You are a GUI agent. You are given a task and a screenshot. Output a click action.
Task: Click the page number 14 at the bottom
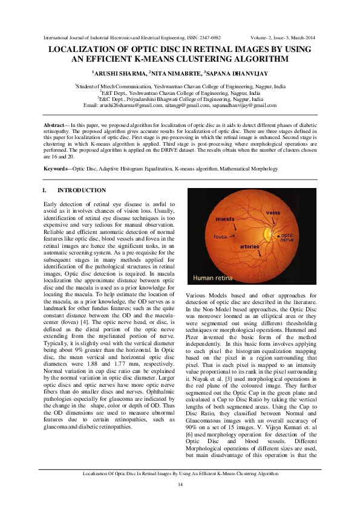tap(180, 485)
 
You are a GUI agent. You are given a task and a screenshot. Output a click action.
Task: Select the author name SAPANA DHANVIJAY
tap(241, 74)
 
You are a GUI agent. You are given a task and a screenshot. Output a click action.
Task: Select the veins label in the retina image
tap(273, 213)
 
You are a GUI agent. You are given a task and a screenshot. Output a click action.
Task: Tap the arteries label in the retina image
tap(249, 247)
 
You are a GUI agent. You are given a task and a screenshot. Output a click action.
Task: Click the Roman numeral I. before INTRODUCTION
tap(45, 190)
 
